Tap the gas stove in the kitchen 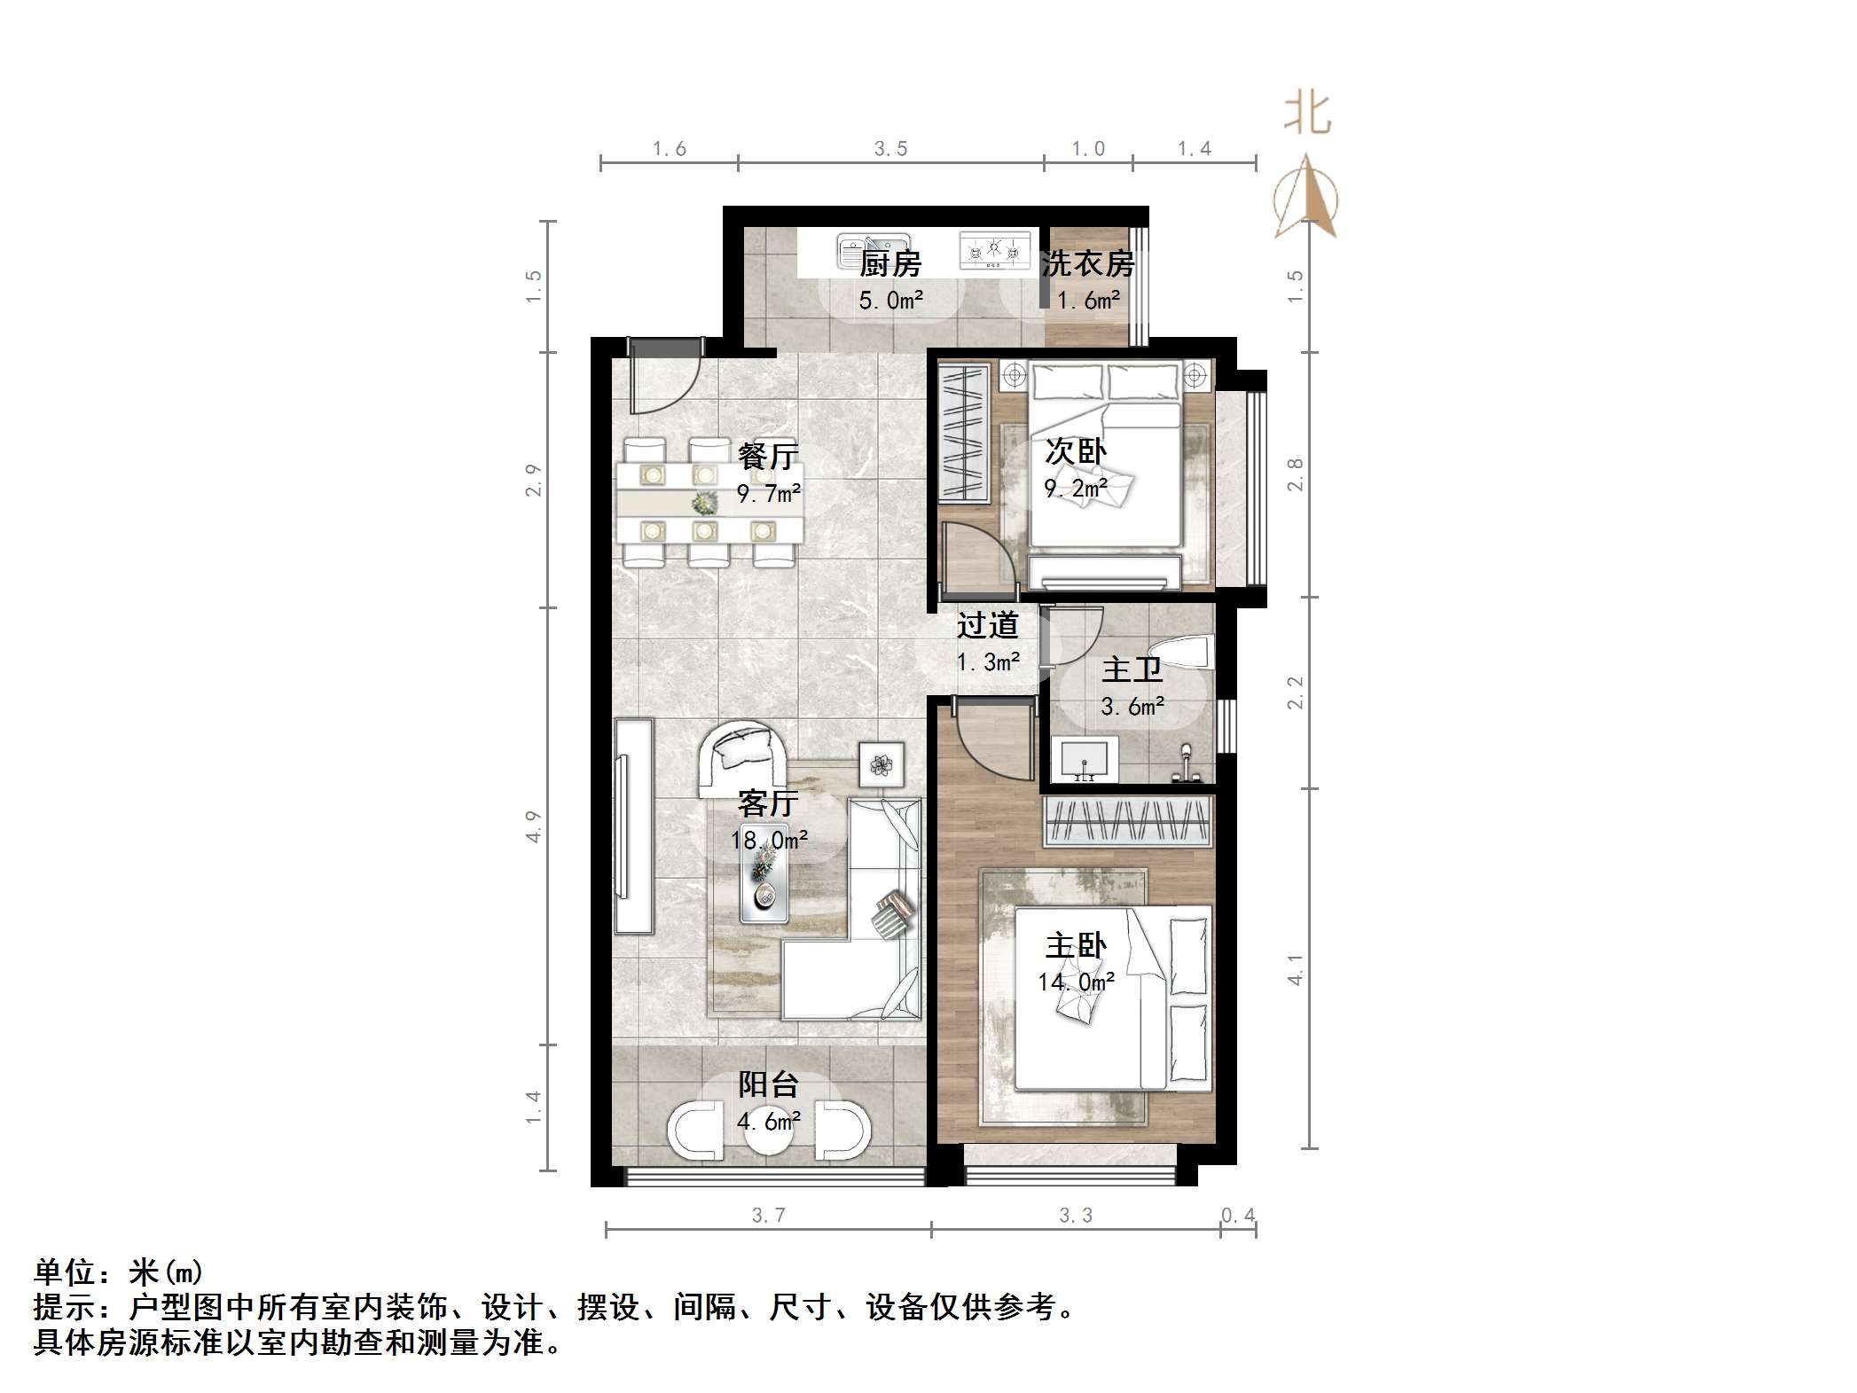(x=993, y=250)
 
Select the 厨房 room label (x=890, y=264)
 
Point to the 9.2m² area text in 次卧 (x=1075, y=489)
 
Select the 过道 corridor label (x=987, y=626)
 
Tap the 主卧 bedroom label (x=1076, y=946)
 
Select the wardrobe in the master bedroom (x=1128, y=821)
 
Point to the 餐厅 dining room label (x=768, y=457)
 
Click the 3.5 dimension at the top (x=890, y=149)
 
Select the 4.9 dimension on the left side (x=533, y=826)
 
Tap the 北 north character (x=1307, y=115)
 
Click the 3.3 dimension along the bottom (x=1075, y=1215)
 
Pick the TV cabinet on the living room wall (x=633, y=826)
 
